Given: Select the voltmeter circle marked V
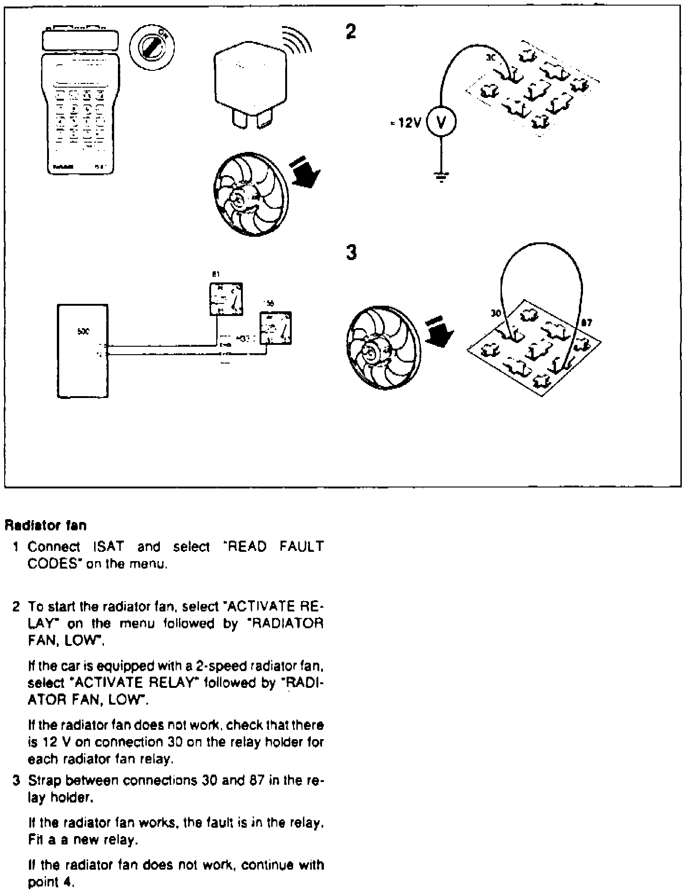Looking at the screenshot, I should coord(441,122).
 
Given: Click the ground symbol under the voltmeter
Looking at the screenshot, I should coord(441,177).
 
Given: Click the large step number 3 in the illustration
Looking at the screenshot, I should coord(351,252).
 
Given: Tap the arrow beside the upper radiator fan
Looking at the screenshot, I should coord(305,172).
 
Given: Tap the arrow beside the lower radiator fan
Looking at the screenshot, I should coord(439,330).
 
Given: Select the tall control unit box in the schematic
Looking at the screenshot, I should coord(83,350).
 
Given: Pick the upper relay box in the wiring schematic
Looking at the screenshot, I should coord(226,299).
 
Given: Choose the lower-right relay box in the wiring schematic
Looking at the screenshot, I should coord(275,328).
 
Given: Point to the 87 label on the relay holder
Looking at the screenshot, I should coord(587,322).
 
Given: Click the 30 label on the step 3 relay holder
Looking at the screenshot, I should coord(495,314).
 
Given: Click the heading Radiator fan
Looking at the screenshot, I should coord(46,526).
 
